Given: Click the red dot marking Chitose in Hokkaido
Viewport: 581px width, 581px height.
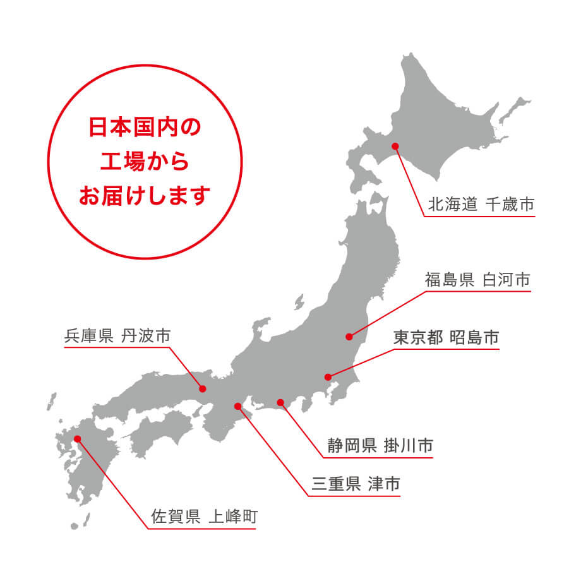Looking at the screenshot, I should pyautogui.click(x=395, y=146).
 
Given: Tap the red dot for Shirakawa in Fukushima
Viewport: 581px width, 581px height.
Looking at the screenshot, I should pyautogui.click(x=349, y=336).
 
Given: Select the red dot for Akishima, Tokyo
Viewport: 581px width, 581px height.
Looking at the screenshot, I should pyautogui.click(x=328, y=377).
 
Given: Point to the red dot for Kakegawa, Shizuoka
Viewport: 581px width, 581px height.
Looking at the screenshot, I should pyautogui.click(x=280, y=402).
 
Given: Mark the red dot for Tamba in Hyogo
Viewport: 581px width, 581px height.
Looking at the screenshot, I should pyautogui.click(x=203, y=388).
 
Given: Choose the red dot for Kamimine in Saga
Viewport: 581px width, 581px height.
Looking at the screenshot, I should pyautogui.click(x=77, y=438).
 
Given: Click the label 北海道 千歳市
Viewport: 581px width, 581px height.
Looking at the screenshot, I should pyautogui.click(x=481, y=205).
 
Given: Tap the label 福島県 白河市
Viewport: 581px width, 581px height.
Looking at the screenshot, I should pyautogui.click(x=477, y=280).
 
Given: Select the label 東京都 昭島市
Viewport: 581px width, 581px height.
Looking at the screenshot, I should pyautogui.click(x=446, y=338).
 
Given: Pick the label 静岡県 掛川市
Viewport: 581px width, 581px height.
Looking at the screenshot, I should pyautogui.click(x=380, y=446).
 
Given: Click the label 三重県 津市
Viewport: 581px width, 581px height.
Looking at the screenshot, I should pyautogui.click(x=356, y=484).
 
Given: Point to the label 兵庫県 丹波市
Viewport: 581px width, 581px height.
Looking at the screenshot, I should pyautogui.click(x=117, y=335).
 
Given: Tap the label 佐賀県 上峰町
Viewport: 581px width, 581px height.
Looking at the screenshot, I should pyautogui.click(x=204, y=517).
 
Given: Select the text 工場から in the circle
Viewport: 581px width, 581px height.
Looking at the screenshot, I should pyautogui.click(x=145, y=161).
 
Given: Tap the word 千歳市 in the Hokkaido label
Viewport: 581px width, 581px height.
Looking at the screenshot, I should pyautogui.click(x=510, y=205).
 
